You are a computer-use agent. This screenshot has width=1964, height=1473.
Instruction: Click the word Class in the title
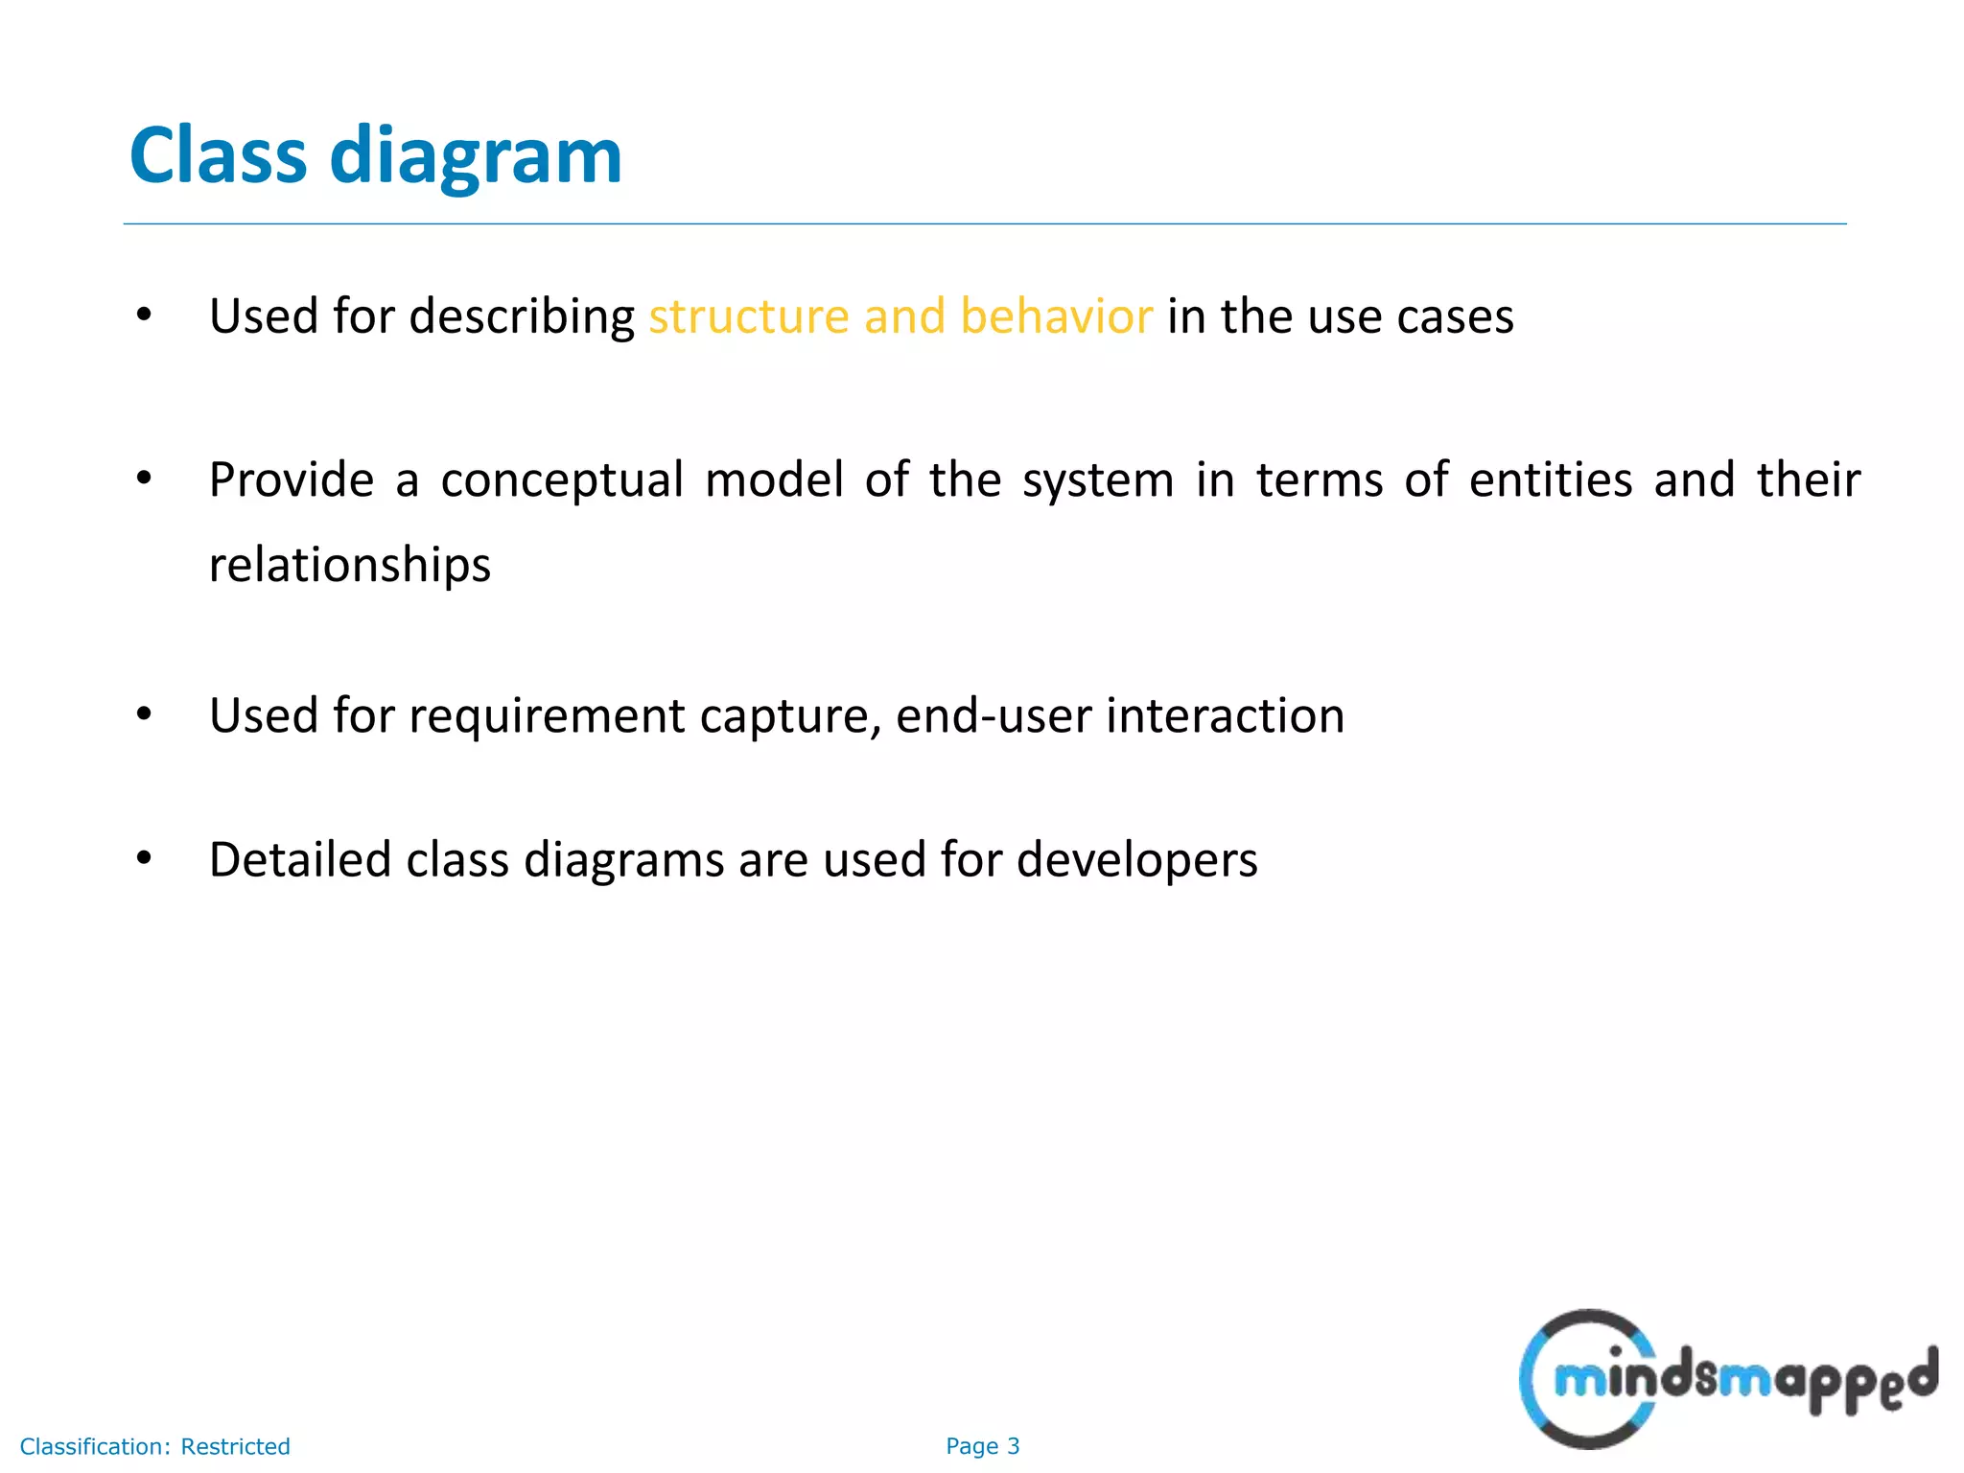click(x=218, y=155)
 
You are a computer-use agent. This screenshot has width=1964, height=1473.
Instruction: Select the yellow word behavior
click(x=1056, y=316)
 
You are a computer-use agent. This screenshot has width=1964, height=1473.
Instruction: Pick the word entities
click(x=1550, y=479)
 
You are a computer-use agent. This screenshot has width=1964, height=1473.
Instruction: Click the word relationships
click(x=350, y=564)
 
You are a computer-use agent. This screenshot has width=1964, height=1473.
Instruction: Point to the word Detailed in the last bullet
click(x=300, y=859)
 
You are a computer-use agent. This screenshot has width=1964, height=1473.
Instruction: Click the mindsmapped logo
click(x=1726, y=1379)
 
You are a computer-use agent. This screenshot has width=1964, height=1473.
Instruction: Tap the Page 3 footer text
click(x=982, y=1446)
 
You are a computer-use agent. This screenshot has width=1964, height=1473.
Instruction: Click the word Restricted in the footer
click(x=235, y=1446)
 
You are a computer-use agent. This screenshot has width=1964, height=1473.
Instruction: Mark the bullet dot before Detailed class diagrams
click(x=144, y=857)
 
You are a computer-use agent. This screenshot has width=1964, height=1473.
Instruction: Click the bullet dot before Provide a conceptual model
click(x=144, y=478)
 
